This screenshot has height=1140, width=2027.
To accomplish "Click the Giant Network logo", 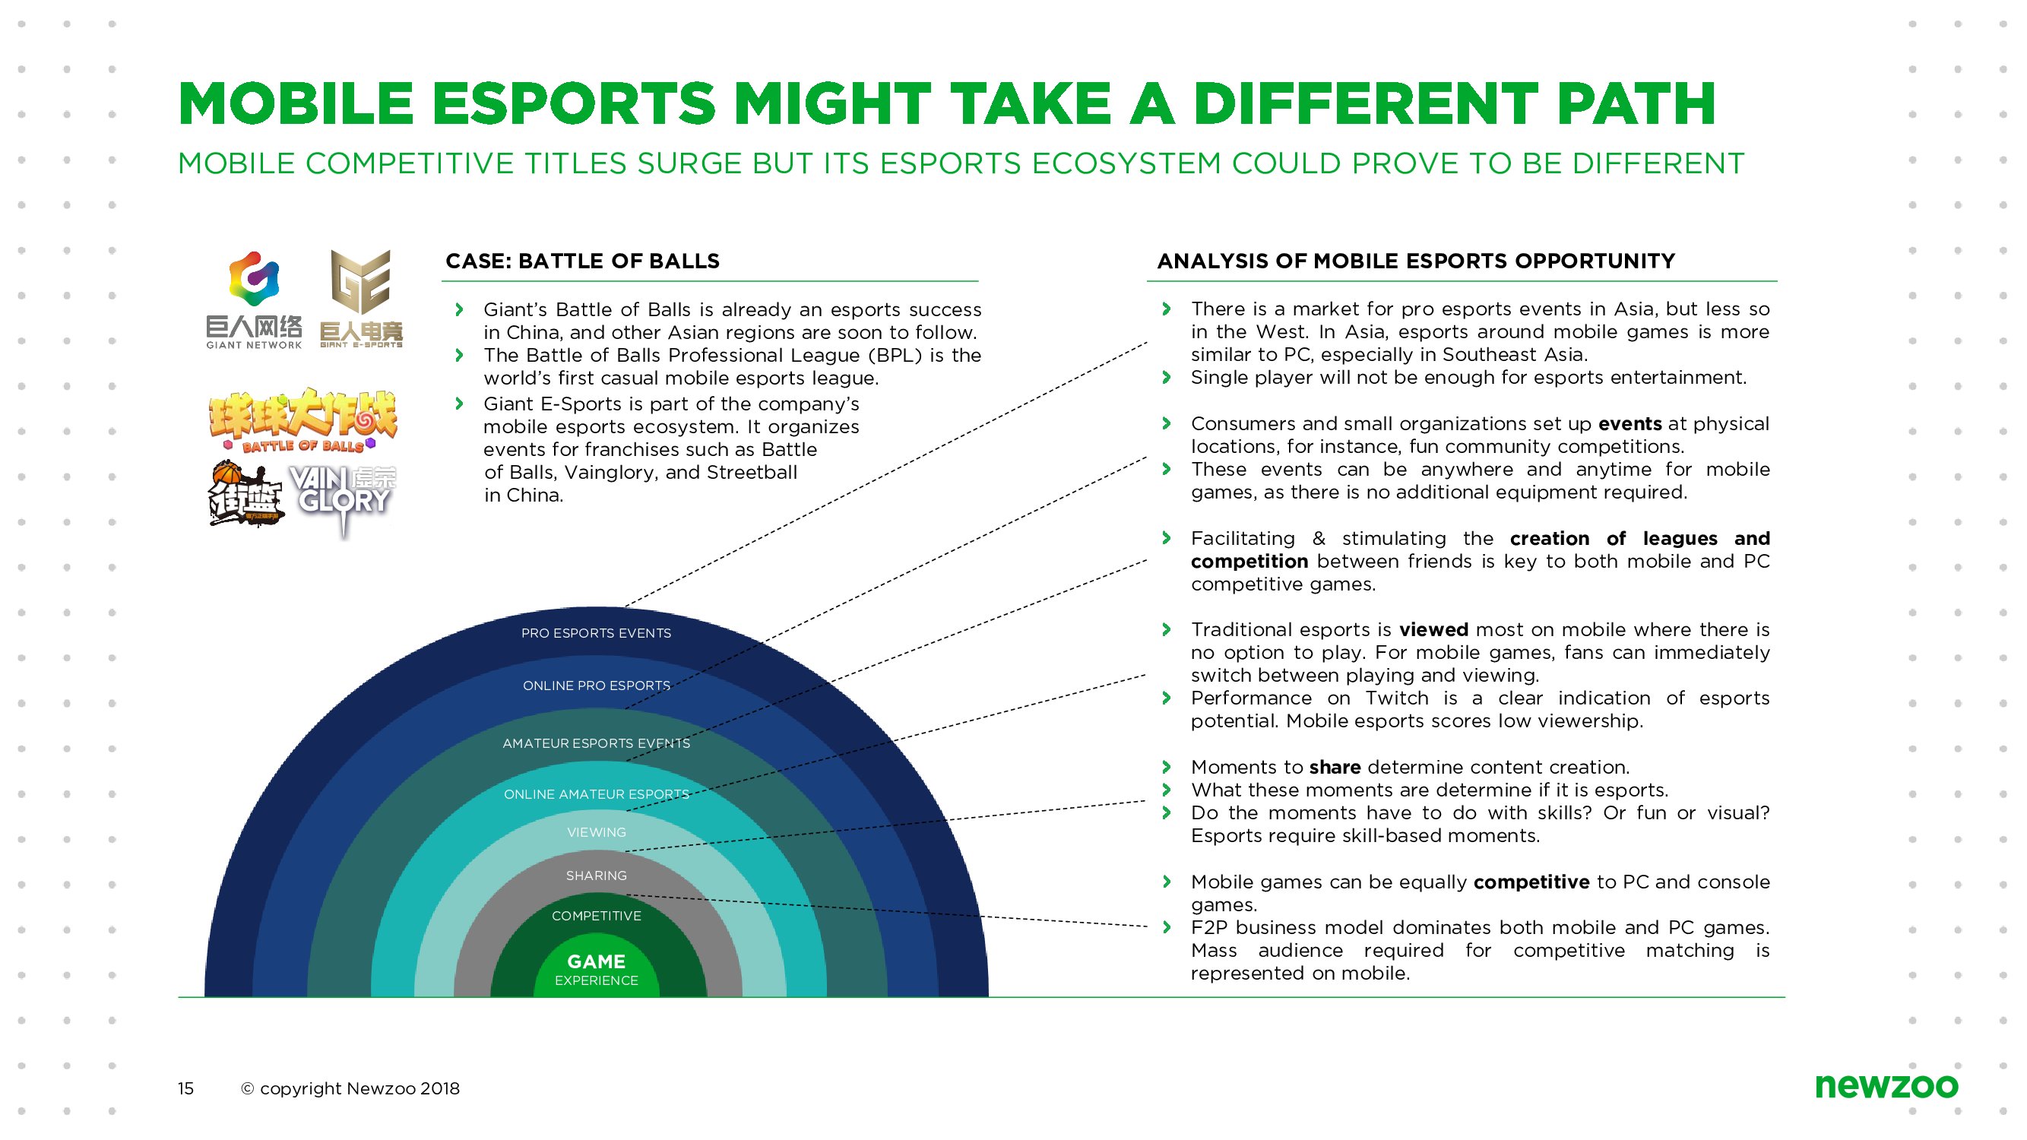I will pyautogui.click(x=253, y=299).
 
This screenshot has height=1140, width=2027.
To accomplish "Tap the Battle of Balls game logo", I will pyautogui.click(x=304, y=420).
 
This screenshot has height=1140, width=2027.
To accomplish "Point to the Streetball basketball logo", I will pyautogui.click(x=244, y=494).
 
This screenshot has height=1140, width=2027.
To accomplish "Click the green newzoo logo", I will pyautogui.click(x=1886, y=1086).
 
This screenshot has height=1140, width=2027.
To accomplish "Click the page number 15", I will pyautogui.click(x=185, y=1088).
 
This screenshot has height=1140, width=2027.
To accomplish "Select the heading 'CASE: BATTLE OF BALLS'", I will pyautogui.click(x=582, y=261).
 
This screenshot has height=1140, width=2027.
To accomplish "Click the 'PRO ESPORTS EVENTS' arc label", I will pyautogui.click(x=596, y=633).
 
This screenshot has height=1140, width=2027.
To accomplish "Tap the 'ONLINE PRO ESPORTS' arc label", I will pyautogui.click(x=597, y=686).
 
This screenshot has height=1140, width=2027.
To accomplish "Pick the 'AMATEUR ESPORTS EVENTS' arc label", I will pyautogui.click(x=596, y=743).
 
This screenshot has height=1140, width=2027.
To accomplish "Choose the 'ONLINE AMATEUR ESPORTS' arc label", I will pyautogui.click(x=596, y=795).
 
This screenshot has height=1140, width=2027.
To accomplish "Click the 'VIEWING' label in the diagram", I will pyautogui.click(x=597, y=832).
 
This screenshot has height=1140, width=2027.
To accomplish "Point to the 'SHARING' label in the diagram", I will pyautogui.click(x=597, y=876).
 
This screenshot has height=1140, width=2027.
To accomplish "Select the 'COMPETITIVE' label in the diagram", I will pyautogui.click(x=597, y=916).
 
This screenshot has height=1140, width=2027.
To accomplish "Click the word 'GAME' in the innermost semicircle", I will pyautogui.click(x=597, y=961).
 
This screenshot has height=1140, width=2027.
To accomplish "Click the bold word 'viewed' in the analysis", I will pyautogui.click(x=1433, y=630).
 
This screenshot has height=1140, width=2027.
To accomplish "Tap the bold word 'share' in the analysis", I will pyautogui.click(x=1335, y=767).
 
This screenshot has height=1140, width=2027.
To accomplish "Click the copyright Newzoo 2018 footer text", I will pyautogui.click(x=350, y=1088).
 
